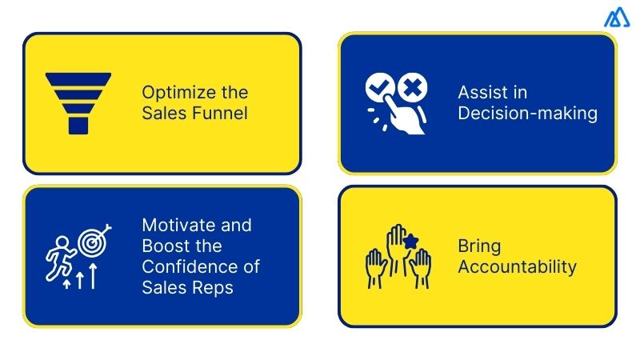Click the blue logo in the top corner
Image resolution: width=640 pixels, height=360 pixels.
tap(617, 18)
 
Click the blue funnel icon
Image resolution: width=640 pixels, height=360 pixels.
tap(78, 102)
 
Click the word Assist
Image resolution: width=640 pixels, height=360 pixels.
tap(481, 92)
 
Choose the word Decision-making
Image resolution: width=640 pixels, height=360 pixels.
tap(527, 113)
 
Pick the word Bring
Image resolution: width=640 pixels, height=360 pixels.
tap(479, 246)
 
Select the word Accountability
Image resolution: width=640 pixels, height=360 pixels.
tap(517, 266)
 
